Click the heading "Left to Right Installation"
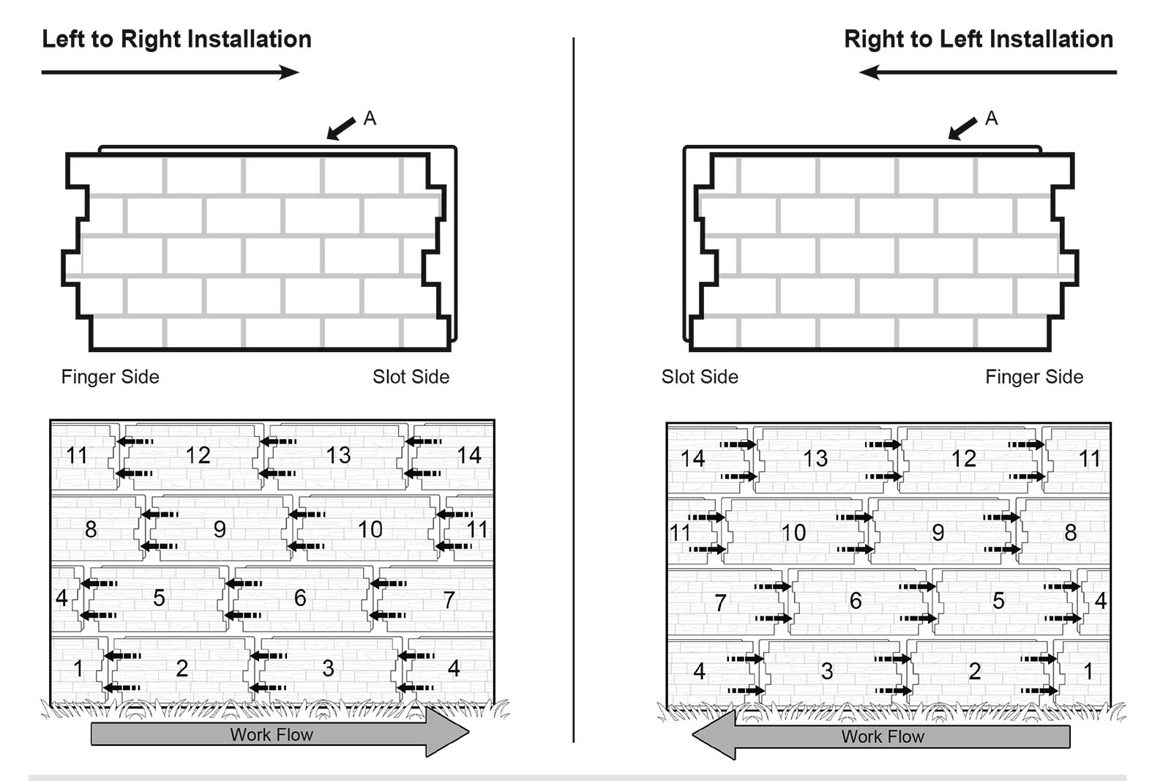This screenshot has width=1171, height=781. (x=176, y=39)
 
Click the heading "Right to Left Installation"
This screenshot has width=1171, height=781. (x=979, y=39)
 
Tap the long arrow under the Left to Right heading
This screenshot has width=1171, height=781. (x=170, y=72)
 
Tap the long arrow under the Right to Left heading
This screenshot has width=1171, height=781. (x=987, y=72)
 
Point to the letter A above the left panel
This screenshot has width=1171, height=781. (x=370, y=118)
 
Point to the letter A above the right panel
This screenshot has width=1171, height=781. (x=991, y=118)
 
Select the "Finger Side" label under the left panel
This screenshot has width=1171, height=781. (x=110, y=377)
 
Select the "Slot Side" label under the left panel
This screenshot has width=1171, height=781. (x=411, y=377)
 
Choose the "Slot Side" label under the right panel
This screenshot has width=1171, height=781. (x=700, y=377)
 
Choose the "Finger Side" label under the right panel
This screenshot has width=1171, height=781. (x=1033, y=377)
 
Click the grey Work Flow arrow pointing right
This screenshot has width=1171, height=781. (x=278, y=734)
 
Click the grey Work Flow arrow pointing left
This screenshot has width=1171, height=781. (x=882, y=736)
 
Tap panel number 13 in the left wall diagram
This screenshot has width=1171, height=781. (x=338, y=455)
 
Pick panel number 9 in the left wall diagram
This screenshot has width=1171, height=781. (x=219, y=529)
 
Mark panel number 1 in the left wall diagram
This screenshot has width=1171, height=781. (x=78, y=668)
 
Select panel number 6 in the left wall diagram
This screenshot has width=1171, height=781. (x=300, y=598)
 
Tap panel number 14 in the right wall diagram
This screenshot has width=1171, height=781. (x=692, y=459)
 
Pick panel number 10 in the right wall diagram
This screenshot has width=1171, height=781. (x=793, y=533)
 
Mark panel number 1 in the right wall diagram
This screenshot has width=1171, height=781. (x=1088, y=671)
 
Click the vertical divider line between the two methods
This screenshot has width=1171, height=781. (x=574, y=388)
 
